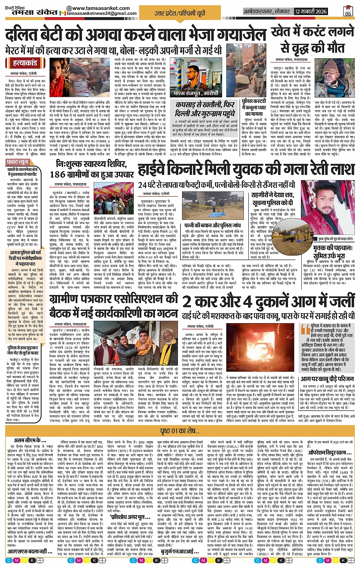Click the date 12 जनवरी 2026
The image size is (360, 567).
[310, 11]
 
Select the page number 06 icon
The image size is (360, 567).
[348, 11]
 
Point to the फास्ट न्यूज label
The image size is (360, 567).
[18, 162]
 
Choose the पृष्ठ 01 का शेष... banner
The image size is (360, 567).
[179, 431]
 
